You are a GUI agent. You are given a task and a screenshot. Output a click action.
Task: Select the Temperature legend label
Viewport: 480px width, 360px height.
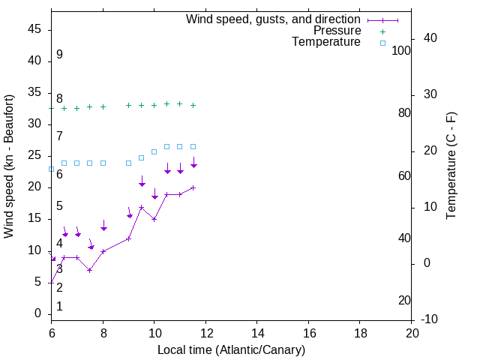(x=326, y=42)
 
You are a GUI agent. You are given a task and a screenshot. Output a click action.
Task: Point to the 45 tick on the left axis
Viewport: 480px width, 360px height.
(x=34, y=29)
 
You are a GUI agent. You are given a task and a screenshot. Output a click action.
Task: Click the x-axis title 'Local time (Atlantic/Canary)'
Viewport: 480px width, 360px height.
(x=231, y=349)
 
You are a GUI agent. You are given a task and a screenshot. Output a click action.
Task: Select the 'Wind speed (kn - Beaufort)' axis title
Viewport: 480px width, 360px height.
(x=9, y=166)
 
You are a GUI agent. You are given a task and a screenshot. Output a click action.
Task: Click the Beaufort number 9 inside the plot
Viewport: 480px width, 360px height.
(x=59, y=55)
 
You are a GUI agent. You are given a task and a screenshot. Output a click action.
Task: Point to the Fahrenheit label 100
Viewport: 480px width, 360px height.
(x=402, y=50)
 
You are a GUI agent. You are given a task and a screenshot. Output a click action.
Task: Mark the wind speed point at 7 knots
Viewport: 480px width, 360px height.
(x=90, y=270)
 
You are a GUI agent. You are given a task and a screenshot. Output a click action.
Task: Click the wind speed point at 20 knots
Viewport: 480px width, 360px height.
(x=193, y=187)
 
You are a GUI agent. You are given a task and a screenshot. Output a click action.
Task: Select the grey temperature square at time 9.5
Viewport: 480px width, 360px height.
(x=141, y=157)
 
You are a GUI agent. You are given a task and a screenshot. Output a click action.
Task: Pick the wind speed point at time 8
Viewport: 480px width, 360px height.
(x=103, y=251)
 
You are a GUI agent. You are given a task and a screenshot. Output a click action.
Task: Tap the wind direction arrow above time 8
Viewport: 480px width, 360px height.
(x=103, y=226)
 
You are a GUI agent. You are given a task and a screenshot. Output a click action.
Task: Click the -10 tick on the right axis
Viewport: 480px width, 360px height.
(x=430, y=319)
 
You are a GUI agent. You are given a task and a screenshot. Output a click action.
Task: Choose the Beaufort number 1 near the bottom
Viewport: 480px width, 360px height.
(x=59, y=307)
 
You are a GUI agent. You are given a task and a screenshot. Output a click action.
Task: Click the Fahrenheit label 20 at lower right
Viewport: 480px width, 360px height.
(x=404, y=300)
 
